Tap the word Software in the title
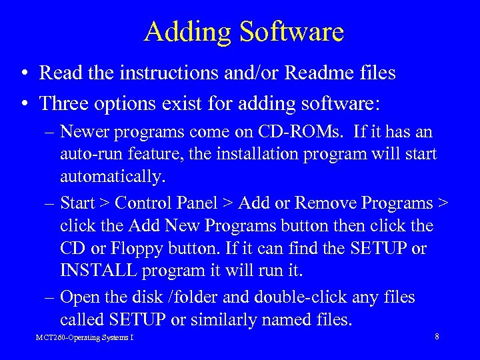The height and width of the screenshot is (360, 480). click(289, 31)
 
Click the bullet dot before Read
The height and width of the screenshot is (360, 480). click(23, 73)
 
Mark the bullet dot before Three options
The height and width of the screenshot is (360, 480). click(23, 103)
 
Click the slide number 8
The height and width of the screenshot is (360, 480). click(437, 337)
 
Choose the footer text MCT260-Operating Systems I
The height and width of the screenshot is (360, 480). click(84, 337)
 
